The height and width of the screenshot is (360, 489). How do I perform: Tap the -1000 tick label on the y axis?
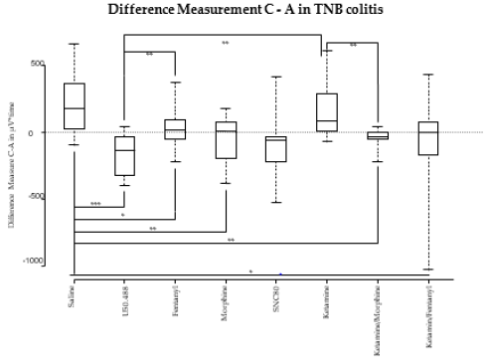(33, 261)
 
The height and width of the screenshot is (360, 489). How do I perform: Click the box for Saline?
(74, 105)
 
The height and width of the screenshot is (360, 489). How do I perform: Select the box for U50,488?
(125, 156)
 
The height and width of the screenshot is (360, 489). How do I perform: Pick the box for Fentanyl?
(175, 129)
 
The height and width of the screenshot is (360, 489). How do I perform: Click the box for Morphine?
(226, 140)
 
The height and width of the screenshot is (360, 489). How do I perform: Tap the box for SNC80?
(276, 149)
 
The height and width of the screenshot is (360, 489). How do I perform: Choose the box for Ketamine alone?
(326, 112)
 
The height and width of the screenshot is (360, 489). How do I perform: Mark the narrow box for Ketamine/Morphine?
(377, 135)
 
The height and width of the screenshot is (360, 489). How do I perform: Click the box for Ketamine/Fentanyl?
(427, 138)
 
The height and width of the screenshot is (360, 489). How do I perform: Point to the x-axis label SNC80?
(276, 297)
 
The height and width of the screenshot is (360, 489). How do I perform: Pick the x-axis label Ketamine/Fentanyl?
(427, 315)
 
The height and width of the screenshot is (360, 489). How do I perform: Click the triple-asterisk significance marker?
(95, 204)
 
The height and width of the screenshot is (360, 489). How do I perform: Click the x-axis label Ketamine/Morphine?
(377, 316)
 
